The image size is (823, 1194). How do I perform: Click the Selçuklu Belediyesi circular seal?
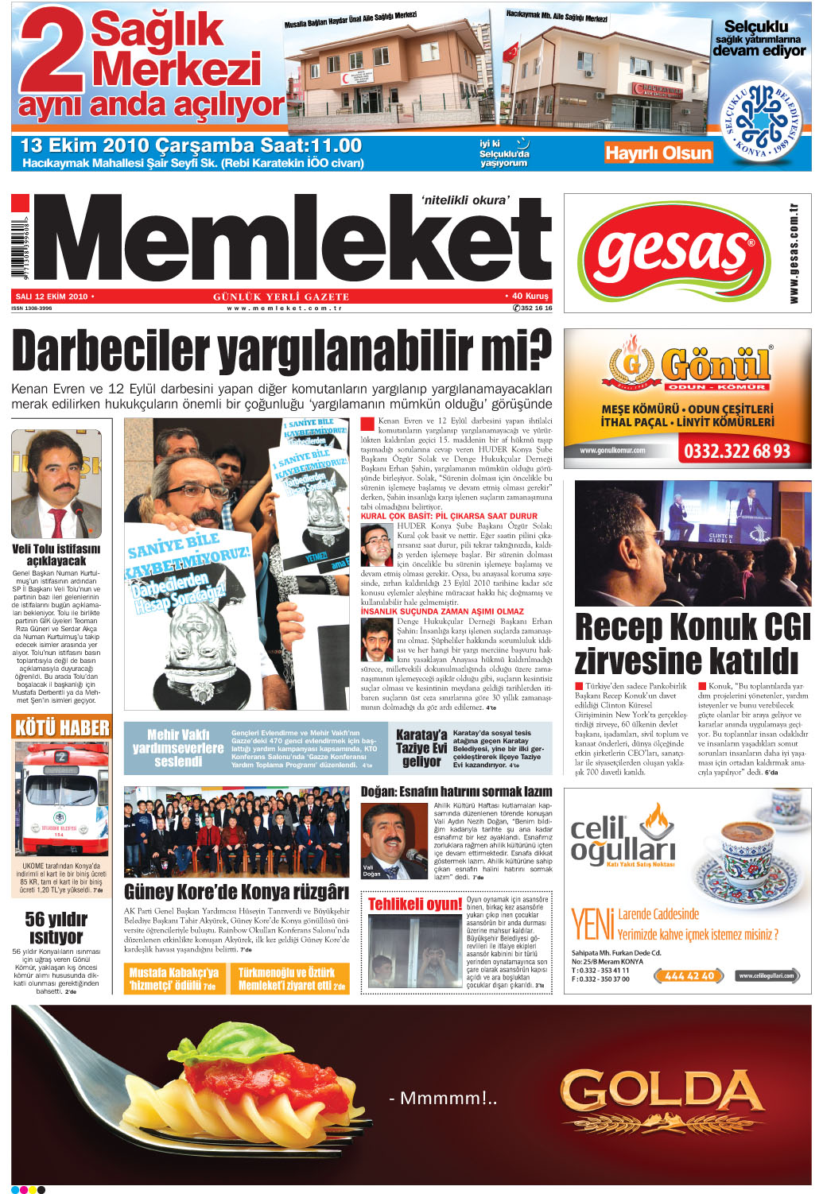point(761,119)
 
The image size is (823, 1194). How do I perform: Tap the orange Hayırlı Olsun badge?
point(658,153)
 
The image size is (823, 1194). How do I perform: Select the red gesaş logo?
point(673,251)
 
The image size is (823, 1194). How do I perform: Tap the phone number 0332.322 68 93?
point(736,452)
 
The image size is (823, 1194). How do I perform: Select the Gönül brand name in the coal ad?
point(716,365)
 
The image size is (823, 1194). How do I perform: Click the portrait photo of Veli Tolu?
point(56,483)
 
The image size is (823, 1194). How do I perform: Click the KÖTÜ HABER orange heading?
point(62,727)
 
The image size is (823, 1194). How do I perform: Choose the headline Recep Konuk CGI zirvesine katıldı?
point(692,643)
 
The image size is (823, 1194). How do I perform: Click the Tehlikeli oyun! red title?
point(414,904)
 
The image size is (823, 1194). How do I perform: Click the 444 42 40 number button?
point(689,975)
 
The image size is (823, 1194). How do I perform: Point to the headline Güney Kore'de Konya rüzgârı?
point(236,891)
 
